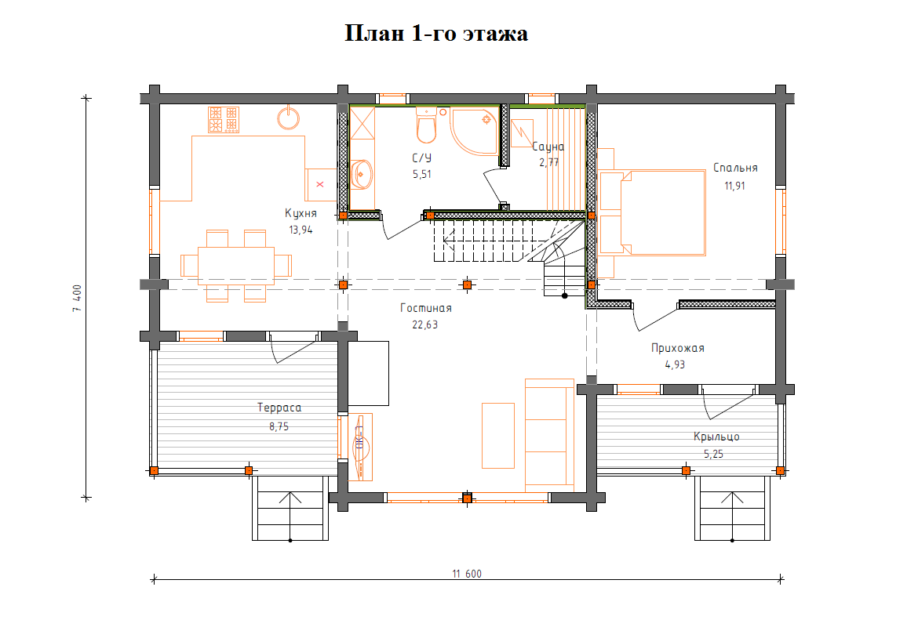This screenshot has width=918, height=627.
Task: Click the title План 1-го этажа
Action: [x=436, y=34]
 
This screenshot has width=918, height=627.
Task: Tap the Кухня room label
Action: [x=301, y=213]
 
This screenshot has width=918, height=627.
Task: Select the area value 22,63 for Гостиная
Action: [x=425, y=324]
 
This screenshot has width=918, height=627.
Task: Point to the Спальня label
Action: [x=735, y=168]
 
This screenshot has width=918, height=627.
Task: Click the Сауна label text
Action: [x=548, y=147]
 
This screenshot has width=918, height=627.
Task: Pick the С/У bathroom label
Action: [x=421, y=158]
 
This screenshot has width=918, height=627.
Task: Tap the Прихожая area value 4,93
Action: [x=675, y=364]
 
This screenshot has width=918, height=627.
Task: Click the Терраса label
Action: [x=279, y=408]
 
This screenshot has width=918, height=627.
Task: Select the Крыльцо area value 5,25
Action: [x=714, y=454]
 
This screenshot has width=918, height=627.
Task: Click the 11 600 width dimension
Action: [x=467, y=574]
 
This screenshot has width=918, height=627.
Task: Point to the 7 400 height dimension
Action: [x=77, y=299]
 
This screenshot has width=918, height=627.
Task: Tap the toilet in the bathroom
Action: [x=426, y=125]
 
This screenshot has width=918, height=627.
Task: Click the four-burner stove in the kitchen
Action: [x=224, y=119]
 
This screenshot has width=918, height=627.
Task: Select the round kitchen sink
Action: [x=288, y=117]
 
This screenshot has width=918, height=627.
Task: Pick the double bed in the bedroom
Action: [x=652, y=213]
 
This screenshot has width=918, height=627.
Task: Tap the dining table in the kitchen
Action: [x=236, y=266]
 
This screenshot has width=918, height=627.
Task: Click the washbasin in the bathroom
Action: [x=361, y=174]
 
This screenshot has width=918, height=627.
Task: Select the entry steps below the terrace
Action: [x=290, y=508]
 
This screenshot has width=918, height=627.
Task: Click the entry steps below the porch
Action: [x=732, y=508]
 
